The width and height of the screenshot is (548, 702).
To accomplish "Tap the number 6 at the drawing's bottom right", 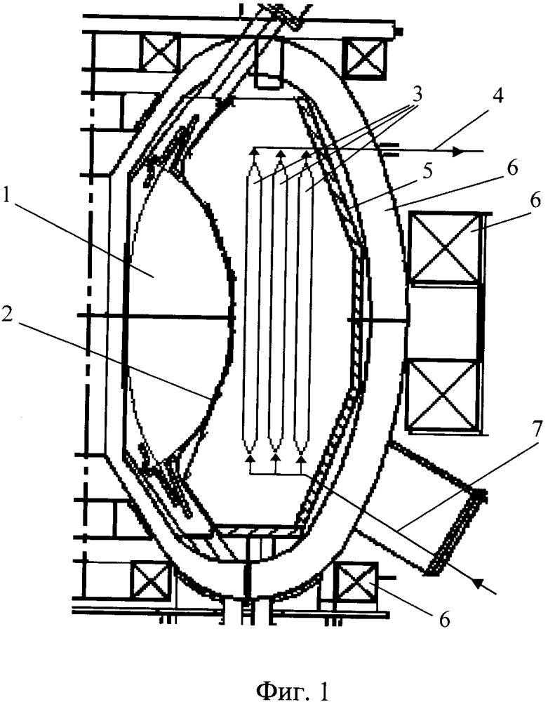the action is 444,620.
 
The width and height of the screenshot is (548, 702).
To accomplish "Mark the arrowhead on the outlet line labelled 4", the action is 457,152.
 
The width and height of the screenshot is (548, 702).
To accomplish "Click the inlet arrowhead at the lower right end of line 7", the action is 479,583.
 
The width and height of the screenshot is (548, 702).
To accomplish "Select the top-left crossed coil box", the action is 160,54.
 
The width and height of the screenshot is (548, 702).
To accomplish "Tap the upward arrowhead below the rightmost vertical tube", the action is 301,458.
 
